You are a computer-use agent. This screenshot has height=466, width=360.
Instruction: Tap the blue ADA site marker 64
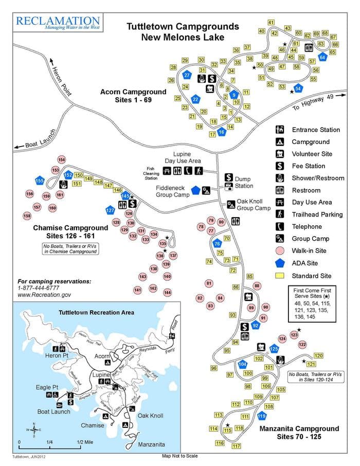pos(322,58)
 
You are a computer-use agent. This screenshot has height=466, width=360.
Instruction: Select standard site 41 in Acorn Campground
pos(271,22)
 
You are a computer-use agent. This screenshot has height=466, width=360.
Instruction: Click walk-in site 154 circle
pos(62,160)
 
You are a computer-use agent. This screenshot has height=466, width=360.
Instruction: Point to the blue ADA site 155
pos(40,181)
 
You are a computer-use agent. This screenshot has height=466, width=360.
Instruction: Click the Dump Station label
pos(244,183)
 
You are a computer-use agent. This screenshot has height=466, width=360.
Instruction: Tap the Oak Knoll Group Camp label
pos(253,205)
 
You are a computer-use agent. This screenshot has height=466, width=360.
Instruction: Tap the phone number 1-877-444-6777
pos(38,289)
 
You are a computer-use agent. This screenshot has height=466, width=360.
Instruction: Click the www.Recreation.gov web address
pos(44,295)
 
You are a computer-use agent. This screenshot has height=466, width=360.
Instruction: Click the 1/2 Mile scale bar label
pos(86,442)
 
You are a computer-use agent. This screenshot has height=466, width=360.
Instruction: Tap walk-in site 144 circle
pos(167,292)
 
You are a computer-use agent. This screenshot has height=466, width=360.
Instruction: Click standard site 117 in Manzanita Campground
pos(237,446)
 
